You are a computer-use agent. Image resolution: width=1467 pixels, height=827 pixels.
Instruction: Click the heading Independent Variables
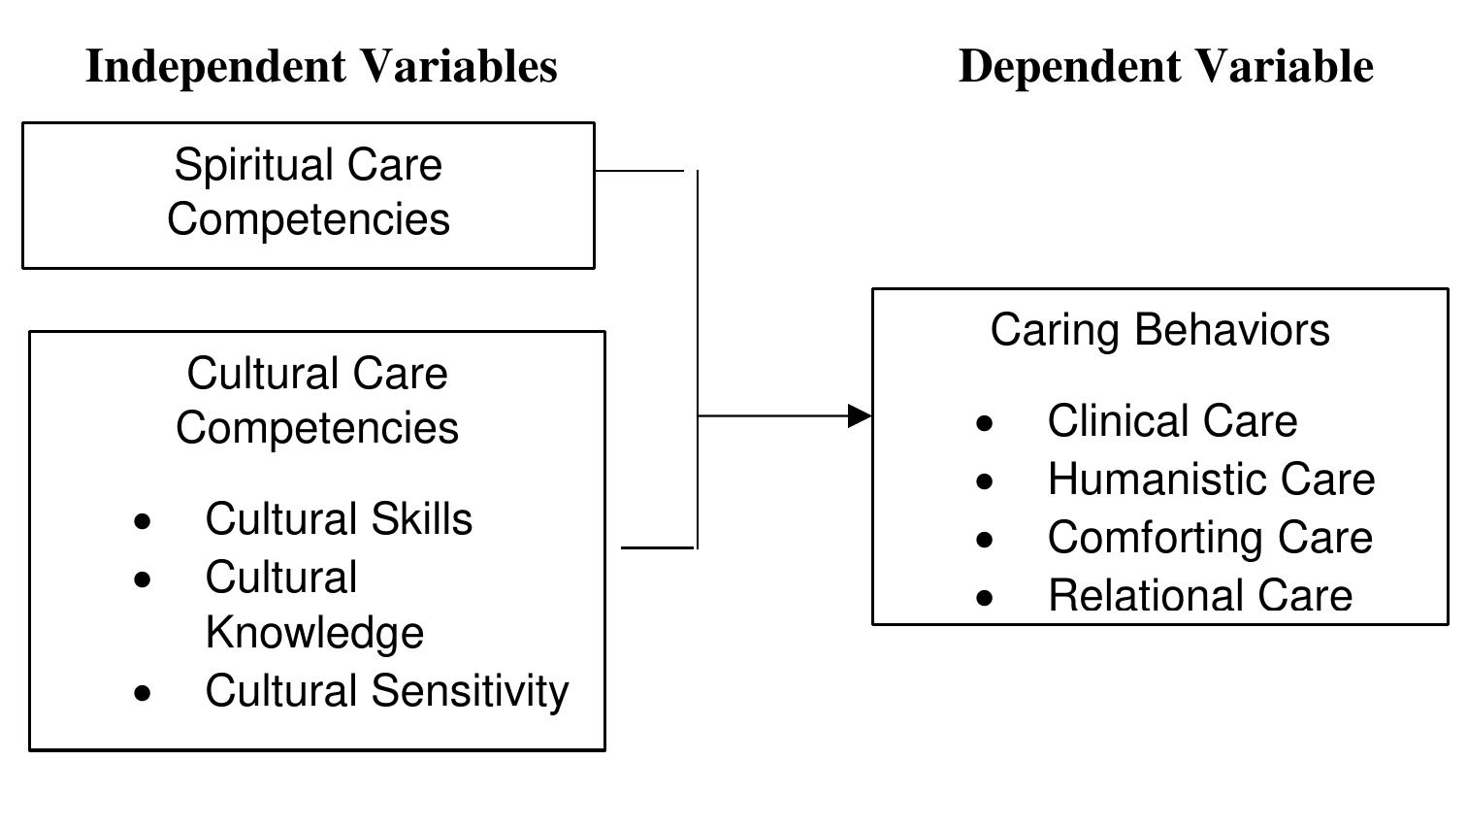click(x=321, y=67)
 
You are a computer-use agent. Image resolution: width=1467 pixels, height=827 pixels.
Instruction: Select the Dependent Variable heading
click(x=1165, y=67)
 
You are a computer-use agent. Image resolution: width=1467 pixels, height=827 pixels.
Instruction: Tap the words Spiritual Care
click(x=308, y=164)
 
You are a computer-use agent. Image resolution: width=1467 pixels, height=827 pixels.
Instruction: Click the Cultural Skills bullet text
click(x=339, y=519)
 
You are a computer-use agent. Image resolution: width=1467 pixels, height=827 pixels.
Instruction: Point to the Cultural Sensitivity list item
click(x=386, y=691)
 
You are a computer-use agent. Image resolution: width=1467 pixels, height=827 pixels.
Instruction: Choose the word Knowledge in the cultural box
click(x=314, y=633)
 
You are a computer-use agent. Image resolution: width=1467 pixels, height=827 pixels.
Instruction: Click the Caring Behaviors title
click(x=1159, y=330)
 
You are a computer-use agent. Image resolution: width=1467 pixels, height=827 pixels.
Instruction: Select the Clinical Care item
click(x=1172, y=421)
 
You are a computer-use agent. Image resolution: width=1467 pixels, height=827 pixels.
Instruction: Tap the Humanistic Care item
click(x=1211, y=480)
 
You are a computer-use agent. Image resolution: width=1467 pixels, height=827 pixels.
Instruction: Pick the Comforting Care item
click(x=1210, y=538)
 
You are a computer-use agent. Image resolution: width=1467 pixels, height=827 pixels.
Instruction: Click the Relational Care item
click(x=1199, y=596)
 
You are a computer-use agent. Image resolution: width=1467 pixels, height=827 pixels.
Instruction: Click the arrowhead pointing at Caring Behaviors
click(x=860, y=415)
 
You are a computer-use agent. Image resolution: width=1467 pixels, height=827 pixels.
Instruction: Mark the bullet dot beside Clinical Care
click(x=986, y=423)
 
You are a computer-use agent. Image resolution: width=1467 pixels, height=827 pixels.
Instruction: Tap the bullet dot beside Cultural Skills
click(x=144, y=522)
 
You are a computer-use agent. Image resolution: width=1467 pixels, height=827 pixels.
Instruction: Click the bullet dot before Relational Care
click(x=986, y=598)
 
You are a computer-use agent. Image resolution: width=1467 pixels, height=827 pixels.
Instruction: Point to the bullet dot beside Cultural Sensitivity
click(x=144, y=693)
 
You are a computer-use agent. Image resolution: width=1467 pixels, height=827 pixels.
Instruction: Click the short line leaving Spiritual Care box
click(x=639, y=171)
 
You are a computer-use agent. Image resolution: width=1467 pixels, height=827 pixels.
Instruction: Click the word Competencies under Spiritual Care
click(x=308, y=218)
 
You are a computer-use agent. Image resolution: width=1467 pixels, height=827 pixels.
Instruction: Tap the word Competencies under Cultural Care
click(x=316, y=428)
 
